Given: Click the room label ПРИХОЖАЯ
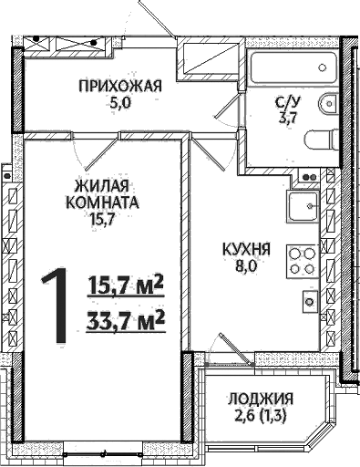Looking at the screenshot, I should tap(119, 88).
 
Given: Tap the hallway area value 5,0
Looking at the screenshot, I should tap(119, 104).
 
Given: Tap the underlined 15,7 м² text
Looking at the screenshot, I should tap(125, 285).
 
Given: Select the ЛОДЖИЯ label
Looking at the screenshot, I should tap(262, 400).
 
